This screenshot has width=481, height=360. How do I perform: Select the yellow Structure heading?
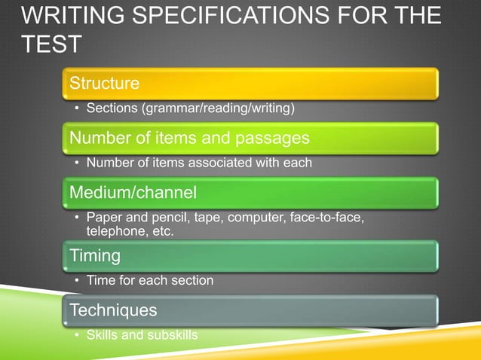pos(104,83)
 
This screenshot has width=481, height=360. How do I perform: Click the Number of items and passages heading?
pos(189,138)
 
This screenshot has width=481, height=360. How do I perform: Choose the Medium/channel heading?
pos(133,193)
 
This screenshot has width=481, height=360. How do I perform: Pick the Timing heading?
pos(95,255)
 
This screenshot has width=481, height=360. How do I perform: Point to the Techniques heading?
pos(113,310)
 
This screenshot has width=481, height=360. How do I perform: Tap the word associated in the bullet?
pos(246,163)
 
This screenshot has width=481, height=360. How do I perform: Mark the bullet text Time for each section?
pos(150,280)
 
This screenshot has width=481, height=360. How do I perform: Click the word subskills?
pos(171,334)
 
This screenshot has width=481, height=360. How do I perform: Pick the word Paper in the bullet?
pos(104,218)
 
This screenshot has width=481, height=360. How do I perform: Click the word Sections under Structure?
pos(112,108)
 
